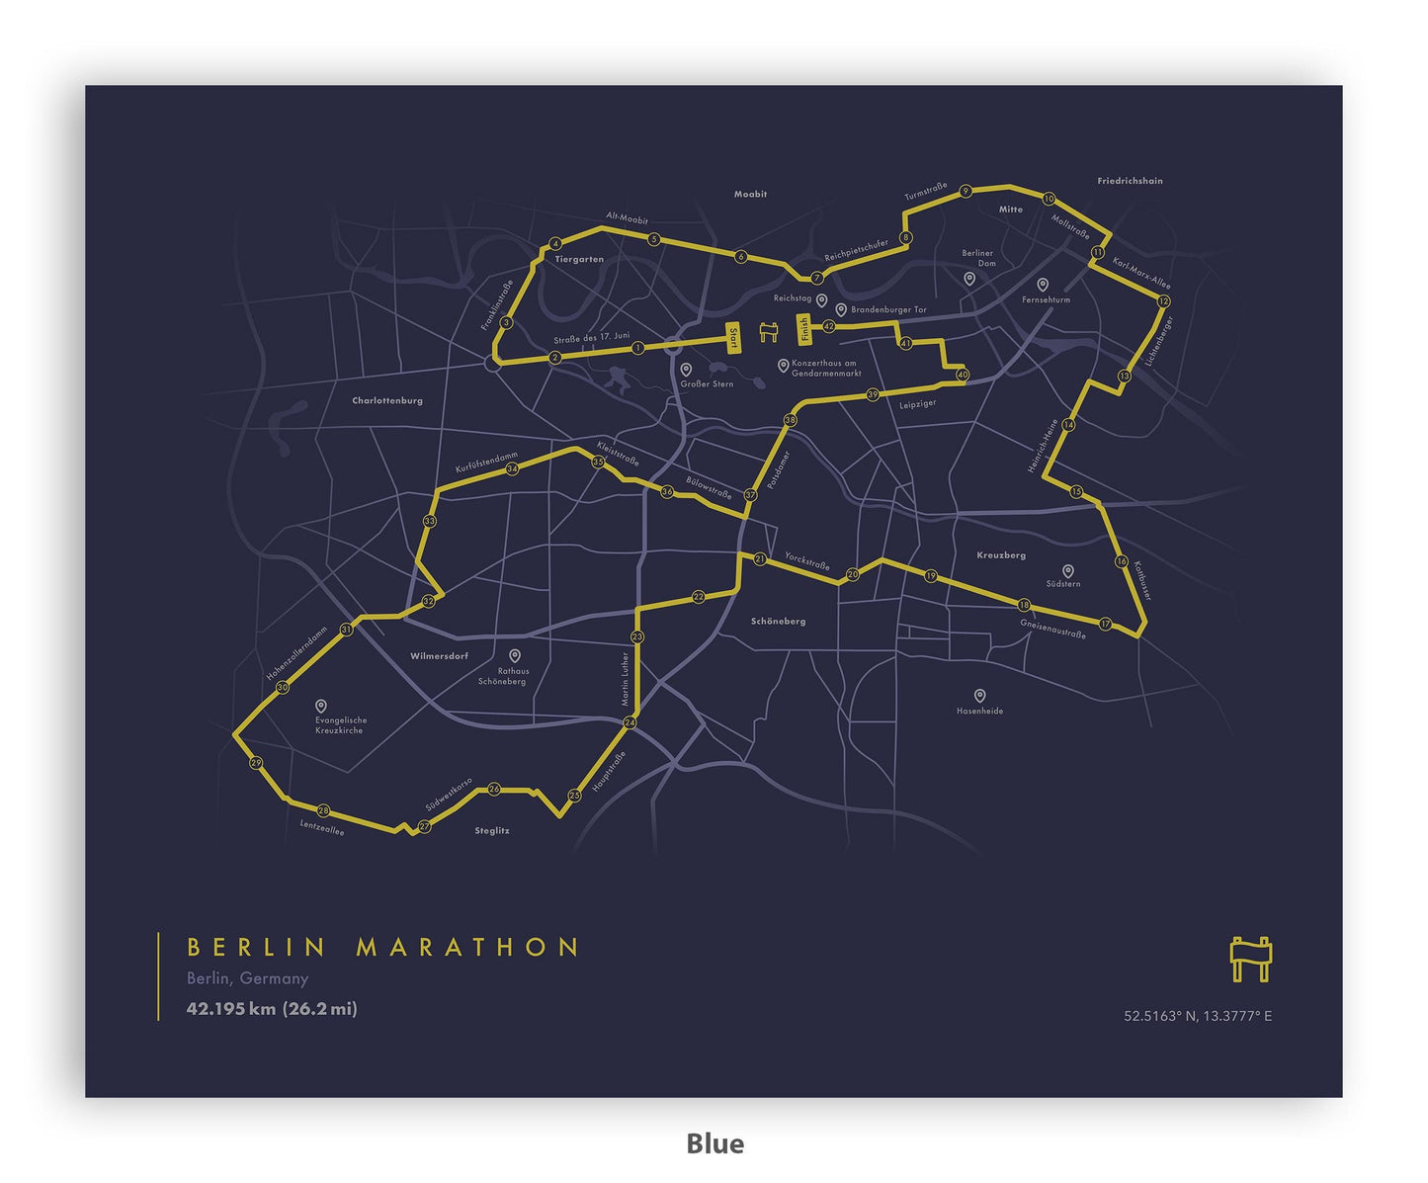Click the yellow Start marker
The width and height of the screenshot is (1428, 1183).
click(x=733, y=338)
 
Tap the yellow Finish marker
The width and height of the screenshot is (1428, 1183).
click(x=804, y=327)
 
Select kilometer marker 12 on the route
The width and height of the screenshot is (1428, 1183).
click(x=1163, y=300)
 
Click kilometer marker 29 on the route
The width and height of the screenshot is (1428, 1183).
click(x=256, y=763)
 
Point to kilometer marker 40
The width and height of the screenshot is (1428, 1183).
click(x=962, y=375)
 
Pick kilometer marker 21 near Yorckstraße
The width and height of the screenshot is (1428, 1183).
click(x=759, y=559)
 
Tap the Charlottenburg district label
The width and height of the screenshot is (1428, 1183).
click(x=387, y=401)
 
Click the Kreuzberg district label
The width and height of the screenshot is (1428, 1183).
click(x=1001, y=555)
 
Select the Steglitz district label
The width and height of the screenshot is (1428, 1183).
click(x=491, y=831)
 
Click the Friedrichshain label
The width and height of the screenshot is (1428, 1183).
click(x=1130, y=182)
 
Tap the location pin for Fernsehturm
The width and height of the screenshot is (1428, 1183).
click(x=1042, y=285)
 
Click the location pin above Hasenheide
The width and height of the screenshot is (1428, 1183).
click(x=979, y=696)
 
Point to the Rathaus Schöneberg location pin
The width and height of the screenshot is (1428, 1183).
click(x=514, y=655)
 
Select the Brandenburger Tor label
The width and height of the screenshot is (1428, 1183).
click(x=888, y=310)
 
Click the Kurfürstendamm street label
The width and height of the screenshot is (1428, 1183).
click(x=486, y=462)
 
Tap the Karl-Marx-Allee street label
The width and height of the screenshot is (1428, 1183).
click(x=1140, y=271)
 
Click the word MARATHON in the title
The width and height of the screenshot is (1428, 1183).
click(x=467, y=947)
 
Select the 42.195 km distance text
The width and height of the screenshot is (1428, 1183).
click(x=231, y=1009)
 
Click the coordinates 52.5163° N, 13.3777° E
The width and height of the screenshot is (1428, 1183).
click(x=1197, y=1016)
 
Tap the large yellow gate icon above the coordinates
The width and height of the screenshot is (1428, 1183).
click(x=1250, y=958)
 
